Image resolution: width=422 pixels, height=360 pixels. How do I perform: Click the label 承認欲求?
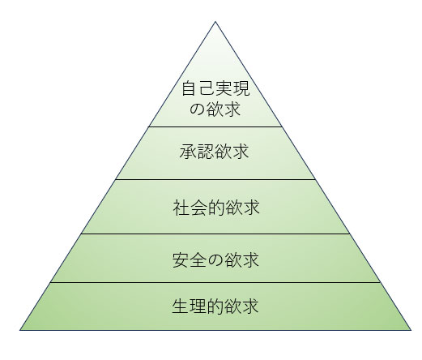[x=214, y=151]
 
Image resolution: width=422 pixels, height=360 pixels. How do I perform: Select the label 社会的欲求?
[x=216, y=208]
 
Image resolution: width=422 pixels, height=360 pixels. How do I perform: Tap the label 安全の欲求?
[x=215, y=259]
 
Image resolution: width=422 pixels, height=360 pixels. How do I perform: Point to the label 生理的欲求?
[x=215, y=306]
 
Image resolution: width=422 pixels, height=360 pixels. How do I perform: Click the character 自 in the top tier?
[x=190, y=88]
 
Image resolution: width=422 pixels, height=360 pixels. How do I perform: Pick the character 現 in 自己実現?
[x=241, y=88]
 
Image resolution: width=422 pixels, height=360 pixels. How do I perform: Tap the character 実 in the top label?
[x=224, y=88]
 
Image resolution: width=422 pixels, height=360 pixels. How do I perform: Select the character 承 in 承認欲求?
[x=188, y=151]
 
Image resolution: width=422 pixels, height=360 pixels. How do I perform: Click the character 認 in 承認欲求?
[x=205, y=151]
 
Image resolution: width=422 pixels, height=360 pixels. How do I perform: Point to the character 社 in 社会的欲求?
[x=181, y=208]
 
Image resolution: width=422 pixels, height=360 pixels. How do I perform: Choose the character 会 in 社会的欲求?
[x=198, y=208]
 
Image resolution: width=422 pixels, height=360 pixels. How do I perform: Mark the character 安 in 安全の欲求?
[x=181, y=259]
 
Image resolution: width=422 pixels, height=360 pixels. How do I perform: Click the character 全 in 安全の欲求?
[x=198, y=259]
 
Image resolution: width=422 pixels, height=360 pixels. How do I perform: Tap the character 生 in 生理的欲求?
[x=181, y=306]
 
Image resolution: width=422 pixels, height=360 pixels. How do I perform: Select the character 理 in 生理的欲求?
[x=198, y=306]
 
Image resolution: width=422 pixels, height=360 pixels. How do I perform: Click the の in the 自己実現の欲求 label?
[x=197, y=109]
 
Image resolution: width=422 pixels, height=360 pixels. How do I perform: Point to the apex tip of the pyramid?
[x=215, y=22]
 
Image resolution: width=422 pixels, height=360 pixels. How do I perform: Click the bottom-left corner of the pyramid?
[x=20, y=330]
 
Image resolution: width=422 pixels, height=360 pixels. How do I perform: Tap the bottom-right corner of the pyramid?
[x=411, y=330]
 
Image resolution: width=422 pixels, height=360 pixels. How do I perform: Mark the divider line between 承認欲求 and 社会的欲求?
[x=215, y=179]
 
